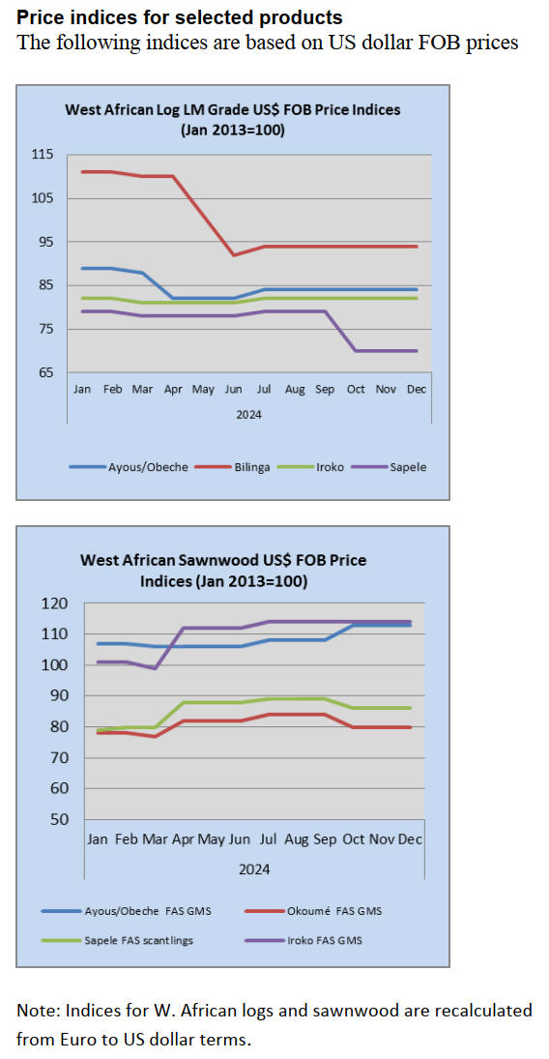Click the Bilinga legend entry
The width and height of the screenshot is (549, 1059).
tap(237, 467)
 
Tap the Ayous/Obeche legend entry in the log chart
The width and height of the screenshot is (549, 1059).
tap(129, 467)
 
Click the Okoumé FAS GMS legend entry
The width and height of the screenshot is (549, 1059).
tap(311, 911)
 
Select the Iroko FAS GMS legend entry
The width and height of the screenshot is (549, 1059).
tap(302, 940)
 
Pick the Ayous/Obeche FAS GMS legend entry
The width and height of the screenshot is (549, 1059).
tap(126, 911)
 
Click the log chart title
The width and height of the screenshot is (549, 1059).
tap(232, 119)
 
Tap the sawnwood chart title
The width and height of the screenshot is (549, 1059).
tap(223, 570)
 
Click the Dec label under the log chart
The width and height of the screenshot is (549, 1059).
tap(417, 390)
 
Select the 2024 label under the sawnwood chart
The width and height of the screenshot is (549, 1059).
tap(254, 868)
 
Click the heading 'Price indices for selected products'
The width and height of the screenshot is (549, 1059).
tap(180, 16)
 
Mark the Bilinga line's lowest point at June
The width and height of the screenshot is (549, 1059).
tap(234, 254)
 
